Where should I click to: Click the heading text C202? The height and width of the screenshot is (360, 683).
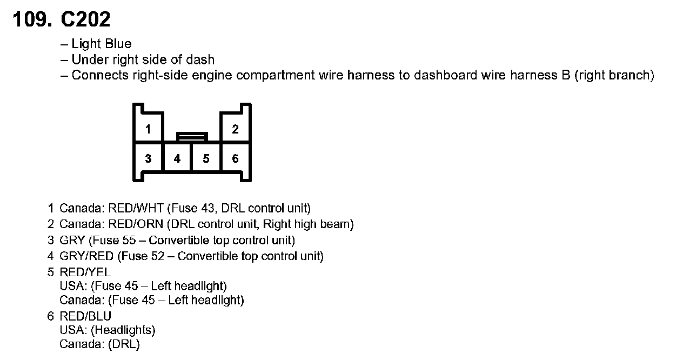[86, 20]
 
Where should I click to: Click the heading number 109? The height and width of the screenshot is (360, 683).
[32, 20]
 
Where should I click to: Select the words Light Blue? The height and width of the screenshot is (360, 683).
[102, 44]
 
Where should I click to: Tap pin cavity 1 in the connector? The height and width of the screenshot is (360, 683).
[148, 129]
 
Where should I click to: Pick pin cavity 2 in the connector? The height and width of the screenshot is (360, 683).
[235, 129]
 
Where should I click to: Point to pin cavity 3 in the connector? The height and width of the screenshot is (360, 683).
[148, 158]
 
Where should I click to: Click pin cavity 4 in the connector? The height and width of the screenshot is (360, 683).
[177, 158]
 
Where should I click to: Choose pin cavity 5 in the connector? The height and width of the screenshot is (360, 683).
[206, 158]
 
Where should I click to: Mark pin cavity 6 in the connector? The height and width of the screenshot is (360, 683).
[235, 158]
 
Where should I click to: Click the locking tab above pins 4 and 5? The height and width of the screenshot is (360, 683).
[192, 136]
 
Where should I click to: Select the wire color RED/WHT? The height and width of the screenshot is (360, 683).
[137, 208]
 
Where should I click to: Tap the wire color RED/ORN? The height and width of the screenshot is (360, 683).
[137, 224]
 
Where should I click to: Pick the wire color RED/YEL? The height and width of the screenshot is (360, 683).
[85, 272]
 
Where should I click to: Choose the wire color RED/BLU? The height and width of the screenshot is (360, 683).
[85, 316]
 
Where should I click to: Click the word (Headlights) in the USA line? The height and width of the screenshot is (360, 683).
[123, 330]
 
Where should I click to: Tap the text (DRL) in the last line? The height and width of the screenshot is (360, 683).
[124, 344]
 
